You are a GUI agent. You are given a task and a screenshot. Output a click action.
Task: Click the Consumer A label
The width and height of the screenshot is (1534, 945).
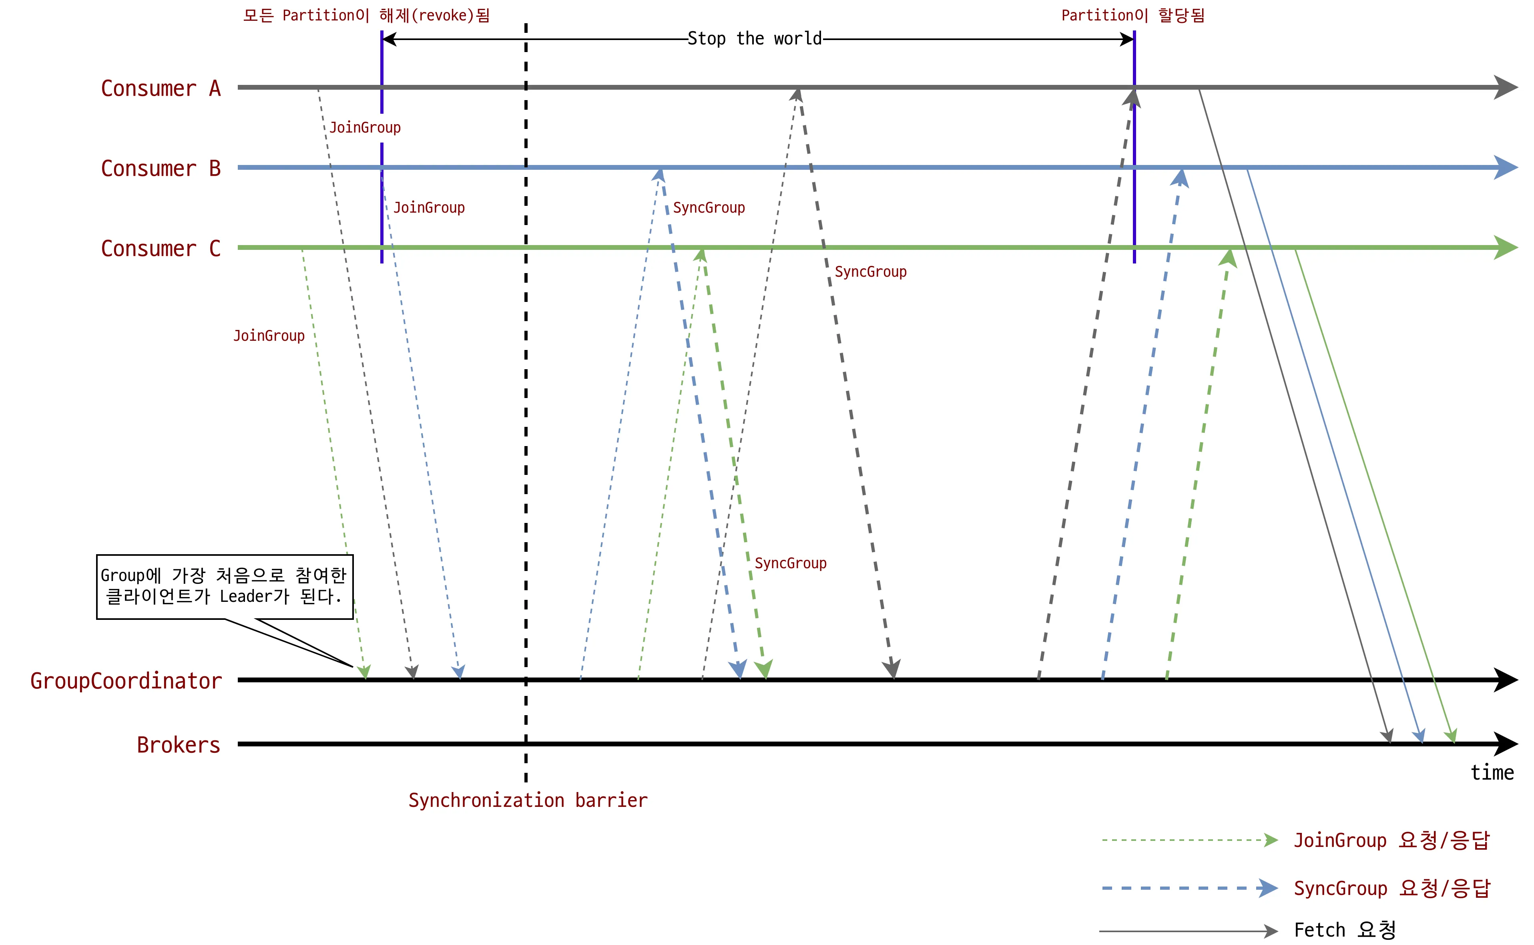point(161,89)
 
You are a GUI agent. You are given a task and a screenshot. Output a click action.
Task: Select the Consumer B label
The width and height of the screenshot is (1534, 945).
point(161,169)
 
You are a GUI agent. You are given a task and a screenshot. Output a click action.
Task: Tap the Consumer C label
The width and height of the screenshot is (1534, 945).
point(161,249)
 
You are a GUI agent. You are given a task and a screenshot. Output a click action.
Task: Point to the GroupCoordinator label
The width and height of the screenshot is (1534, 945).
point(126,681)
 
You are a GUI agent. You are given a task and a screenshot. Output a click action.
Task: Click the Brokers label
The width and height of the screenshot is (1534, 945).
point(178,745)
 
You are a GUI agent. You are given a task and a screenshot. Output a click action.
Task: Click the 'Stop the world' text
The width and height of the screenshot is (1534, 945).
point(754,39)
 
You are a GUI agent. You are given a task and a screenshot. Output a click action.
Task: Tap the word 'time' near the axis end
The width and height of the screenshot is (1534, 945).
point(1492,773)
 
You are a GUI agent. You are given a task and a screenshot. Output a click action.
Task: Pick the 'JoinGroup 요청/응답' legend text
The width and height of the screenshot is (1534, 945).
point(1391,840)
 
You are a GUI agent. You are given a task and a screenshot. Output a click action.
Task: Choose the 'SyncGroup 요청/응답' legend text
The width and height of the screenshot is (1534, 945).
point(1391,888)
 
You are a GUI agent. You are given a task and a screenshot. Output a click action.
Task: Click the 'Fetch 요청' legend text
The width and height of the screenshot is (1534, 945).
point(1345,930)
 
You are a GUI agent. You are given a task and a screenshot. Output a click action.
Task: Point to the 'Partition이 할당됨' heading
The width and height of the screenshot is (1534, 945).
point(1132,15)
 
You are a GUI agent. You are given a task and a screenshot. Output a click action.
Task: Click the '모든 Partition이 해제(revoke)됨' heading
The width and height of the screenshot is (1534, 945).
point(366,15)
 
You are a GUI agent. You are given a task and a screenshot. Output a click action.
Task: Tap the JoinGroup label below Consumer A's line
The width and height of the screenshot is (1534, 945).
point(365,127)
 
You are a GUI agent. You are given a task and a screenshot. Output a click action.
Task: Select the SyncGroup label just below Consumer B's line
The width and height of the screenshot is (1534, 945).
point(709,207)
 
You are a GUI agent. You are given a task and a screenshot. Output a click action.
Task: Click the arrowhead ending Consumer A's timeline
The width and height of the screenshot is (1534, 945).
point(1506,88)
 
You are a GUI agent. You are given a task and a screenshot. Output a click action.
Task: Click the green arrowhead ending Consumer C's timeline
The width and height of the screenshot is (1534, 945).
point(1506,247)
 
